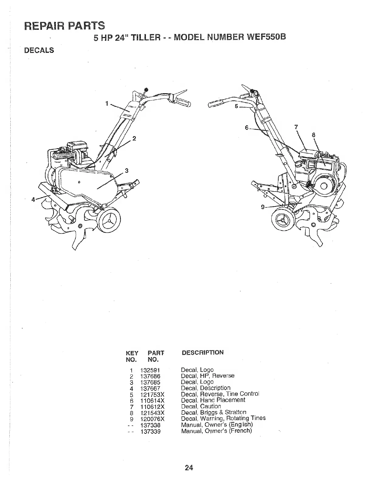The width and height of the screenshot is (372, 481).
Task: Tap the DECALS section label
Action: pyautogui.click(x=39, y=50)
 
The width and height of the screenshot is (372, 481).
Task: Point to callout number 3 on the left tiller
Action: pyautogui.click(x=127, y=171)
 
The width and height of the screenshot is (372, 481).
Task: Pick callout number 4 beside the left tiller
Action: pyautogui.click(x=33, y=200)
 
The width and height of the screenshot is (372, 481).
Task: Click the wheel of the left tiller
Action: pyautogui.click(x=108, y=220)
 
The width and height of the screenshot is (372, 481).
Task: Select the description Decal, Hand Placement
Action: pyautogui.click(x=213, y=400)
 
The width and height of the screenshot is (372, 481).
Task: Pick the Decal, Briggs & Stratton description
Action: pyautogui.click(x=213, y=412)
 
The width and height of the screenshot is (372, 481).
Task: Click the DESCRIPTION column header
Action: pyautogui.click(x=202, y=352)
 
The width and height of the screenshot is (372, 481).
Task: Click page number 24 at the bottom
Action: pyautogui.click(x=189, y=467)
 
